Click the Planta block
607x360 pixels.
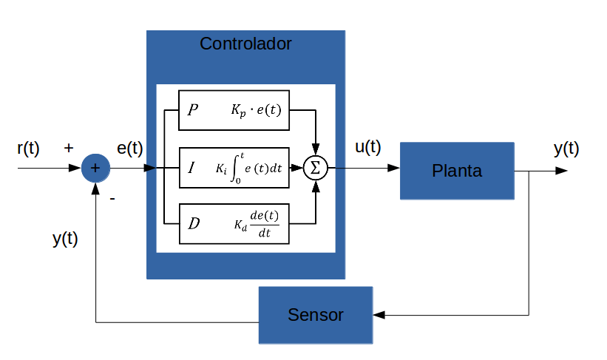pyautogui.click(x=457, y=171)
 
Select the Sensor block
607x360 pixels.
pyautogui.click(x=316, y=315)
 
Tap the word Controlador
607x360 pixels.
pyautogui.click(x=245, y=44)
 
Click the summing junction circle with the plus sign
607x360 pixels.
pyautogui.click(x=95, y=168)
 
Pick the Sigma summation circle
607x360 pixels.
pyautogui.click(x=316, y=168)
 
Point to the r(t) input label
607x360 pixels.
pyautogui.click(x=28, y=148)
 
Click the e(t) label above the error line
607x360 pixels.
pyautogui.click(x=130, y=148)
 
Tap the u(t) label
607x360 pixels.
pyautogui.click(x=368, y=147)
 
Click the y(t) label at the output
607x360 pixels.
pyautogui.click(x=566, y=149)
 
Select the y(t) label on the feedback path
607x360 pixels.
pyautogui.click(x=65, y=239)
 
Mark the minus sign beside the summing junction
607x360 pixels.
pyautogui.click(x=112, y=198)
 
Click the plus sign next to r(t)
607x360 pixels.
pyautogui.click(x=69, y=148)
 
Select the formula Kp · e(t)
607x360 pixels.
pyautogui.click(x=255, y=111)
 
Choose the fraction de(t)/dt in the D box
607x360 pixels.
pyautogui.click(x=264, y=225)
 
